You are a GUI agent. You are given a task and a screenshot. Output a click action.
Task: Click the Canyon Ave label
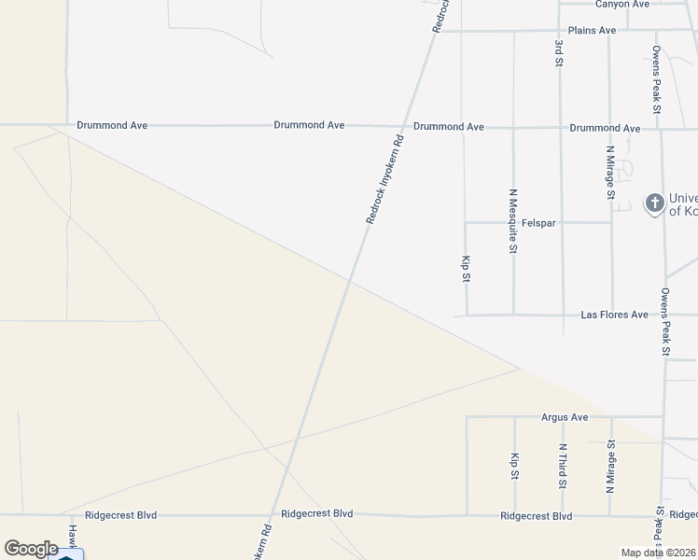coord(621,5)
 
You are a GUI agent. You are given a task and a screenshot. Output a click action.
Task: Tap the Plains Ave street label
coord(593,31)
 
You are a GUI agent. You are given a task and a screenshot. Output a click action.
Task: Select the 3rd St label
coord(559,53)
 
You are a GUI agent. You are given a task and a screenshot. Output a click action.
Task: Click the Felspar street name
coord(537,223)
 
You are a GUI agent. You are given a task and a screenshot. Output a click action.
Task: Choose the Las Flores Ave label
coord(614,315)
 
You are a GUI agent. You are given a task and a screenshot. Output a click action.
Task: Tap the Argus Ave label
coord(565,417)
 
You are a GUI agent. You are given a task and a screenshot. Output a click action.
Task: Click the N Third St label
coord(563,467)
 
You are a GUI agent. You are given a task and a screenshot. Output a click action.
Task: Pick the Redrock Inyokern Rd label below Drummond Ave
coord(384,180)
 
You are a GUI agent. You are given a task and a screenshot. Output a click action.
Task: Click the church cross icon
coord(654,203)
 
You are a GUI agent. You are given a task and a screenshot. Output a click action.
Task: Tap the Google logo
coord(31,549)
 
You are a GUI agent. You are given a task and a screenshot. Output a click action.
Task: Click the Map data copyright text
coord(659,553)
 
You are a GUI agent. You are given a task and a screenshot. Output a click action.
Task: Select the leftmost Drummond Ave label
coord(112,125)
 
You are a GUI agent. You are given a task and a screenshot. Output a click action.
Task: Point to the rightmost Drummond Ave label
coord(605,128)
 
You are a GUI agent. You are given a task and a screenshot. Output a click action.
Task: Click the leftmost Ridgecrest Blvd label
coord(121,515)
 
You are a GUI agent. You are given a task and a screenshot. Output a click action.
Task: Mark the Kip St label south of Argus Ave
coord(514,467)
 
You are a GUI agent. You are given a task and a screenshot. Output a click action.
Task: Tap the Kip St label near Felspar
coord(465,268)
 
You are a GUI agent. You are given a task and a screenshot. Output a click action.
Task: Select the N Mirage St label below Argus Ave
coord(611,467)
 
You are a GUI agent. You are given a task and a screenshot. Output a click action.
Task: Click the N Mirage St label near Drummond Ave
coord(610,173)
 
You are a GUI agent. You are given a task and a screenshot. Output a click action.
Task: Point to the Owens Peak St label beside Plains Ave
coord(657,80)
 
